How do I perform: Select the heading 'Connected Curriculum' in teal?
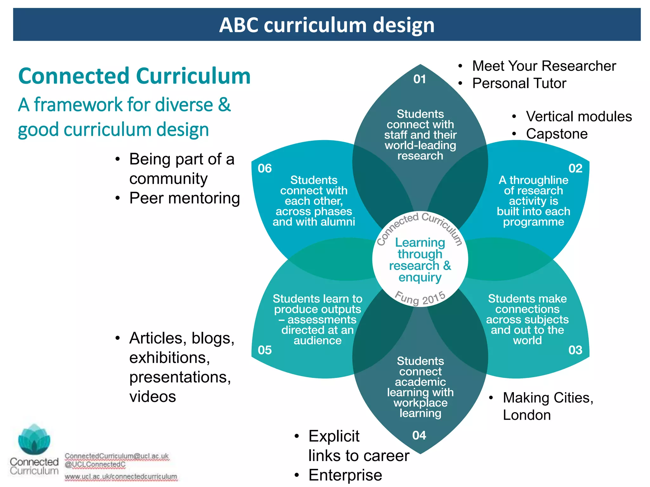pyautogui.click(x=134, y=76)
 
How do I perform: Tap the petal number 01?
pyautogui.click(x=420, y=79)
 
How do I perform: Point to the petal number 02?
pyautogui.click(x=575, y=168)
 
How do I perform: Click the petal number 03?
pyautogui.click(x=575, y=350)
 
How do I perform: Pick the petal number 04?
pyautogui.click(x=419, y=435)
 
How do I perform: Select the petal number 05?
pyautogui.click(x=265, y=350)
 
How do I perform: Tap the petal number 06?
pyautogui.click(x=265, y=168)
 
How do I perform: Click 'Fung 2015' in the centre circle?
pyautogui.click(x=420, y=298)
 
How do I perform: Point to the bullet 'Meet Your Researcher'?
pyautogui.click(x=544, y=66)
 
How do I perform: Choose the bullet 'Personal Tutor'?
pyautogui.click(x=519, y=83)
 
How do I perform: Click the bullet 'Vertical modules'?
pyautogui.click(x=579, y=116)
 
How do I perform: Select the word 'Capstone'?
pyautogui.click(x=557, y=134)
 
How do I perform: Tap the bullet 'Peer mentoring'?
pyautogui.click(x=184, y=198)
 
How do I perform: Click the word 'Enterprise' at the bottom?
pyautogui.click(x=345, y=475)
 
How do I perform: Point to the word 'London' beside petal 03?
pyautogui.click(x=527, y=415)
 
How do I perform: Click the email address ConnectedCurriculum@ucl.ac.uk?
pyautogui.click(x=117, y=456)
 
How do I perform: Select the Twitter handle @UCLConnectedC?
pyautogui.click(x=95, y=464)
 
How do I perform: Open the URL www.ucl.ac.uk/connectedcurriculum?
pyautogui.click(x=121, y=476)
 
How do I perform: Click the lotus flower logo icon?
pyautogui.click(x=34, y=439)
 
